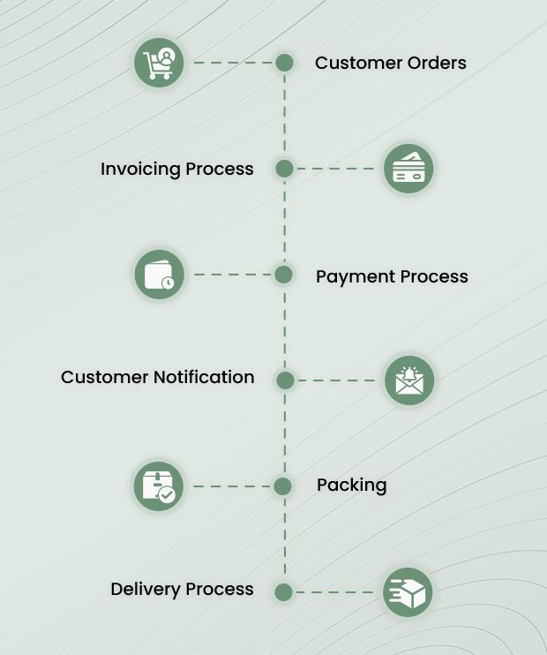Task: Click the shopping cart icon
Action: (160, 63)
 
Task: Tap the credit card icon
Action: (408, 169)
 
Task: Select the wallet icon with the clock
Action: (160, 275)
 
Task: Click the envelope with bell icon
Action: (409, 380)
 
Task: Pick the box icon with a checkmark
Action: (159, 486)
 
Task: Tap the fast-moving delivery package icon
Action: (408, 592)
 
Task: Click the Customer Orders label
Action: (390, 63)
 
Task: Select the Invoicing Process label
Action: (176, 169)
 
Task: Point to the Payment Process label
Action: (392, 276)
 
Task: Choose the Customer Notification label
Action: (157, 377)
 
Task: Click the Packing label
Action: (351, 485)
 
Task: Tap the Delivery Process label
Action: (182, 589)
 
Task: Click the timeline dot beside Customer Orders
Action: (284, 63)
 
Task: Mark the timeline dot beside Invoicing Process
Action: (284, 169)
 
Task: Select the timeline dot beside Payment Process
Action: (284, 275)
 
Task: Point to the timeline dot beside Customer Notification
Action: (284, 380)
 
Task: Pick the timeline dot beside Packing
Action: (283, 486)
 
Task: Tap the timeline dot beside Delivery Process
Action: (283, 592)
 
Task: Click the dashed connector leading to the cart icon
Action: (233, 63)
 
